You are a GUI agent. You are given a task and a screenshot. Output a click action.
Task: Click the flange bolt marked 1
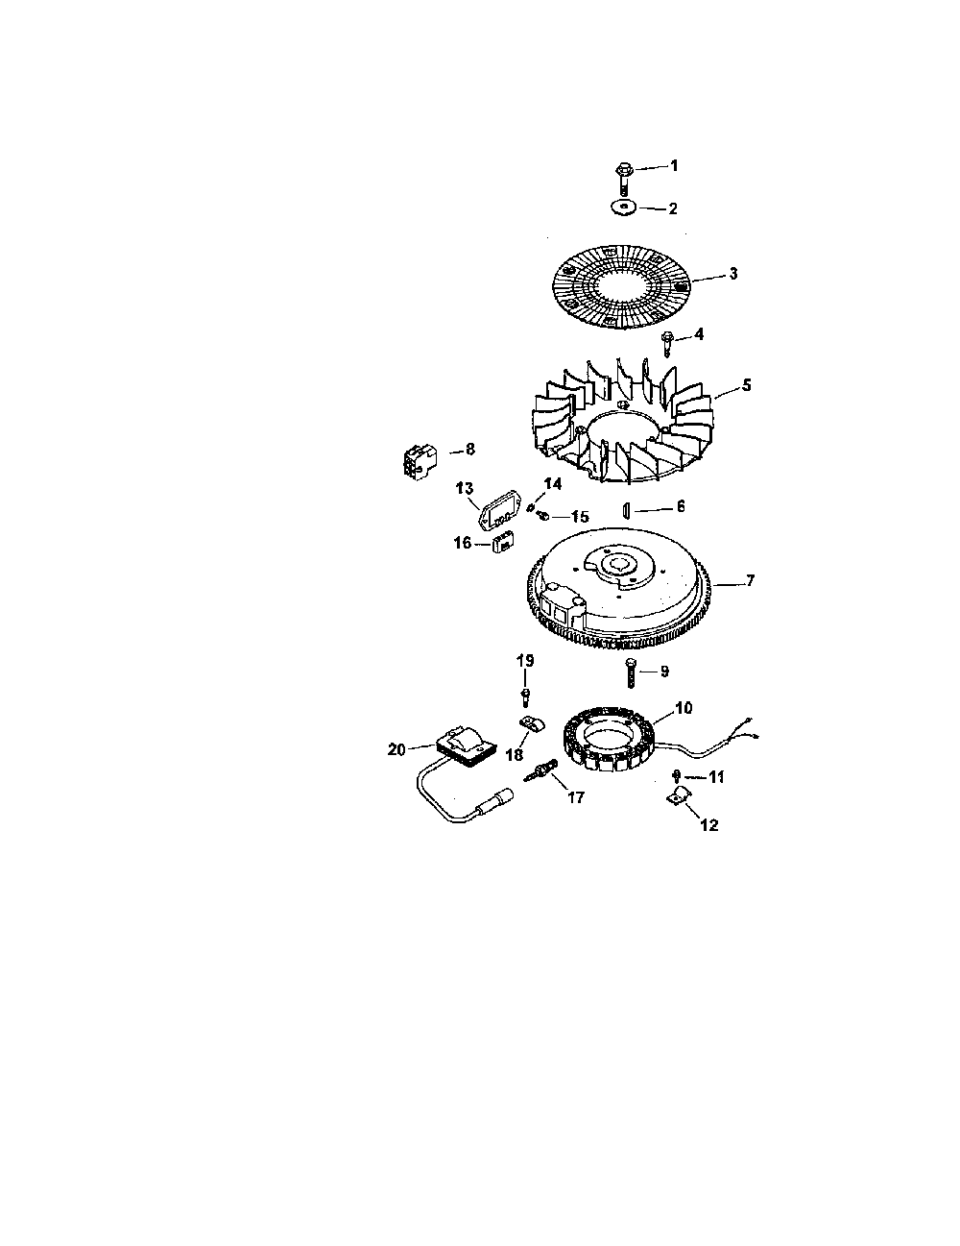[x=624, y=179]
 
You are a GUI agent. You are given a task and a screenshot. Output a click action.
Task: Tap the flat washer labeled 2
[x=625, y=208]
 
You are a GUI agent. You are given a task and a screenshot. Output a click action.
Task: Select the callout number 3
[x=733, y=274]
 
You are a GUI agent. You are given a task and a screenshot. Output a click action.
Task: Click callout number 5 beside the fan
[x=746, y=385]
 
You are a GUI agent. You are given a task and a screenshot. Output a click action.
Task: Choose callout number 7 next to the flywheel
[x=751, y=580]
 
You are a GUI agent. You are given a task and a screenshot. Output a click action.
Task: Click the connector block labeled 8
[x=419, y=462]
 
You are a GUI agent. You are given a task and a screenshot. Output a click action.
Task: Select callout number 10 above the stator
[x=684, y=708]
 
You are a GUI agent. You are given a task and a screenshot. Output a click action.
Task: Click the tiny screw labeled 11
[x=677, y=776]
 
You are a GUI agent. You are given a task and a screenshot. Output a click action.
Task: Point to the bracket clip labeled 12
[x=680, y=795]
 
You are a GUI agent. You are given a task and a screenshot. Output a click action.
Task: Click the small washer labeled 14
[x=531, y=507]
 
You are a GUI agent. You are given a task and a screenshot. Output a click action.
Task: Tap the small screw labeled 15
[x=542, y=516]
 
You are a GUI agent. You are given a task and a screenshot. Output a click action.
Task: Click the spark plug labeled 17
[x=540, y=770]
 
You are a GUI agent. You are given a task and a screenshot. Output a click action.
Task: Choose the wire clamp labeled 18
[x=532, y=724]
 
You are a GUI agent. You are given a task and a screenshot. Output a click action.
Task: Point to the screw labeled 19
[x=525, y=697]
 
